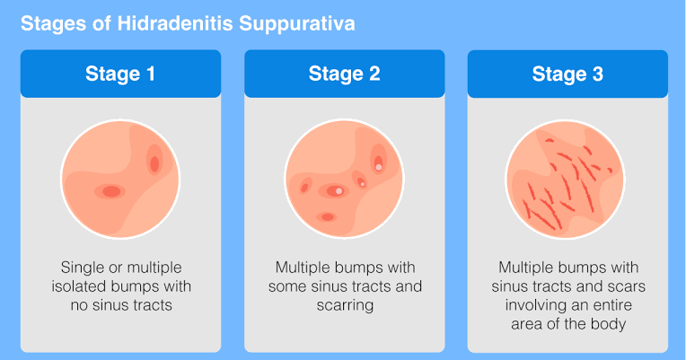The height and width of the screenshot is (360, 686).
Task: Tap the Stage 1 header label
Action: [x=119, y=74]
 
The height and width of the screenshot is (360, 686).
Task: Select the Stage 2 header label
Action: [x=344, y=74]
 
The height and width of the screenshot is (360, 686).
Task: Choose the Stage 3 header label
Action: [x=567, y=74]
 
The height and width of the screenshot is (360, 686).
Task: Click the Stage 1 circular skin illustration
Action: [x=120, y=178]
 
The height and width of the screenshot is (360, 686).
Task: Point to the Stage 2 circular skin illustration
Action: [x=344, y=178]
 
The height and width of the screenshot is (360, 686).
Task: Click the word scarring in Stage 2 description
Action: [x=344, y=305]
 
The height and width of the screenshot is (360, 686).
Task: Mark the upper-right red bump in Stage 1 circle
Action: [x=154, y=163]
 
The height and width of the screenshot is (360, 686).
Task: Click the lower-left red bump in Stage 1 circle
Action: [x=110, y=191]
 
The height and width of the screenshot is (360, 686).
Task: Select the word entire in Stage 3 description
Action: [x=620, y=305]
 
